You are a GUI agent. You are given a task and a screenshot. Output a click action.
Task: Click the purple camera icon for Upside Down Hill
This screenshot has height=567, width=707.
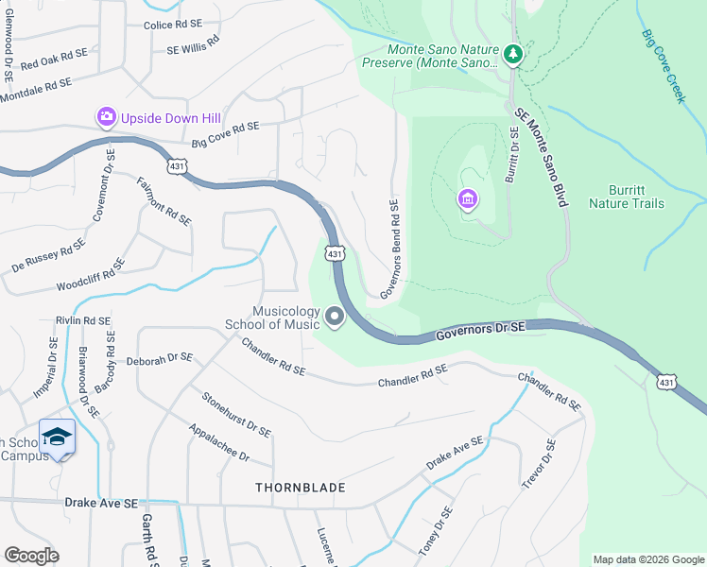tap(106, 117)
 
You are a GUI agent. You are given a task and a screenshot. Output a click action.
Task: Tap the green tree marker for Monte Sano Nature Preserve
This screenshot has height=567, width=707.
tap(513, 55)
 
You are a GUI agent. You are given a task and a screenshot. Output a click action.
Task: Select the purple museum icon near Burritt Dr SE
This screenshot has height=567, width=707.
tap(467, 199)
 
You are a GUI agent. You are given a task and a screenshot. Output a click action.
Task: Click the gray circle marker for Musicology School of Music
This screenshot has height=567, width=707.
tap(335, 318)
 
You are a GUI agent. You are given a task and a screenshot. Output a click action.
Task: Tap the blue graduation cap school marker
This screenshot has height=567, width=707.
tap(58, 437)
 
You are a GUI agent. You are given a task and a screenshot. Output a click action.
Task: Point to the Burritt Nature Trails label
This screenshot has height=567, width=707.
tap(626, 197)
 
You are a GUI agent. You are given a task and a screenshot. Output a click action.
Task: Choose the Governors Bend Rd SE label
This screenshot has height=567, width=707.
tap(390, 249)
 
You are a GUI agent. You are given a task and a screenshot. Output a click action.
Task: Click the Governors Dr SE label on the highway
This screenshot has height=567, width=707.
tap(480, 331)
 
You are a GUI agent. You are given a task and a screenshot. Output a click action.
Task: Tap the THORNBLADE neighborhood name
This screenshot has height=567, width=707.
tap(300, 488)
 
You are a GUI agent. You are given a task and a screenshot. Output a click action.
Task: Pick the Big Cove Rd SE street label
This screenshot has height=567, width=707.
tap(225, 135)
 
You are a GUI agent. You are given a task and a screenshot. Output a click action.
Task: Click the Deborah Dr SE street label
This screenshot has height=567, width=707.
tap(160, 359)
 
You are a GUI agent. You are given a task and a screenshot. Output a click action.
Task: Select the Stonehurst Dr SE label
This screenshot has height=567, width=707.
tap(236, 414)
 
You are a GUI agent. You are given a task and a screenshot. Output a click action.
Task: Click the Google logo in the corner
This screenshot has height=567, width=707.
tap(31, 556)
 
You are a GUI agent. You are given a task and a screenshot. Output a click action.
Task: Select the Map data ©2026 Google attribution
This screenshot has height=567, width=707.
tap(647, 559)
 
